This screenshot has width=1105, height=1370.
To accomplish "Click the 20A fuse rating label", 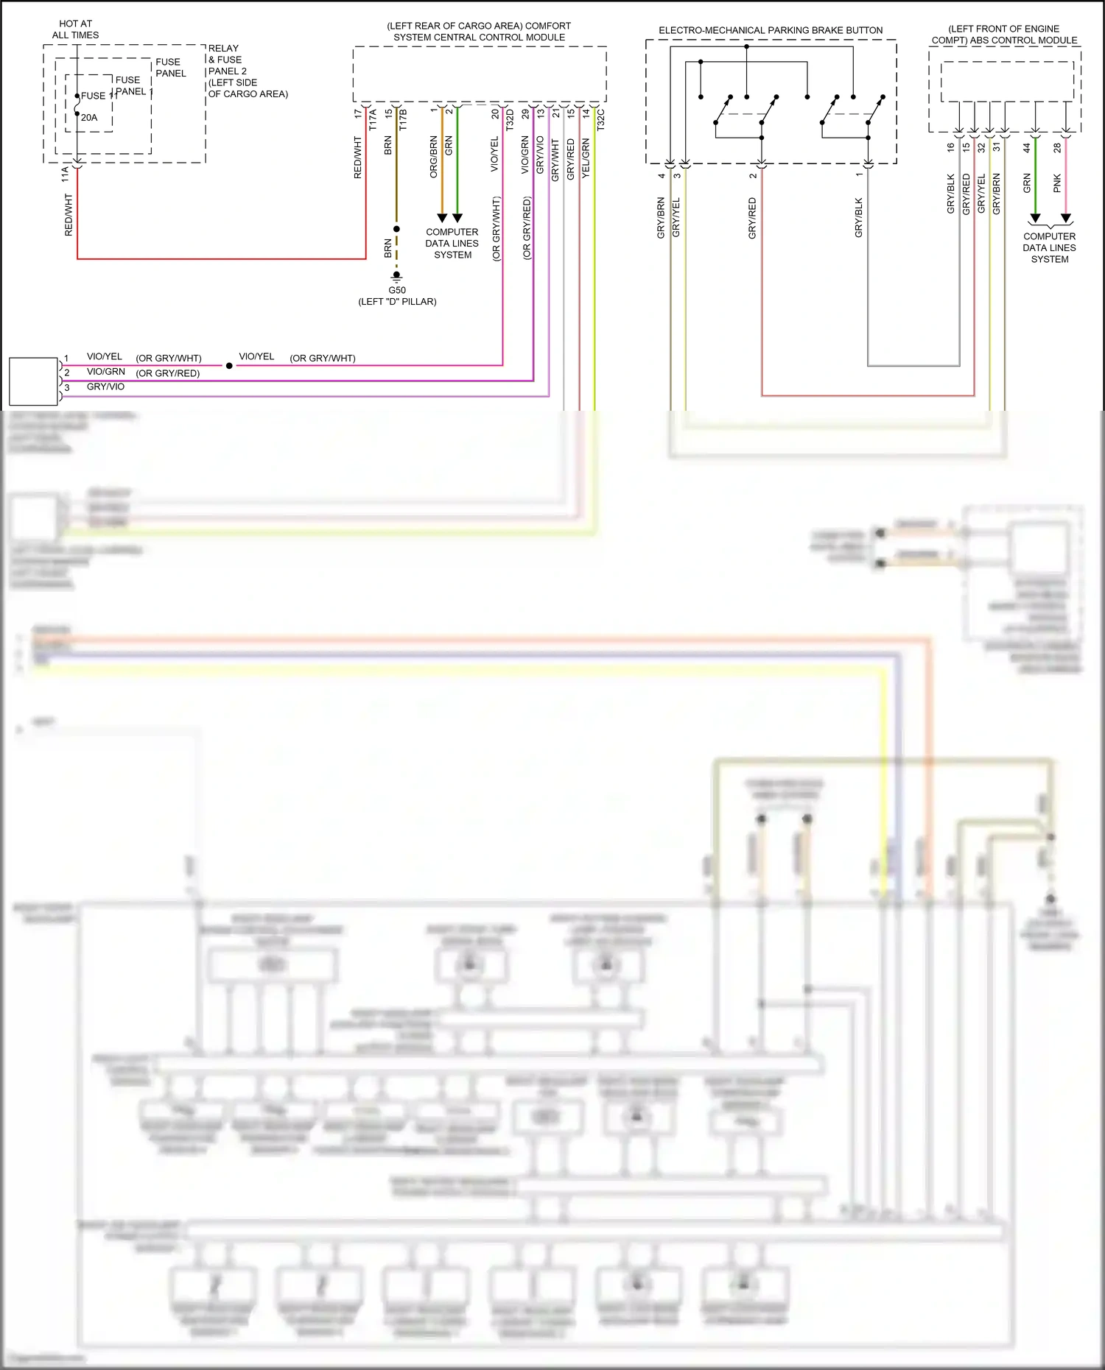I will [89, 118].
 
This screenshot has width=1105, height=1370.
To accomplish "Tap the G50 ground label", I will [397, 290].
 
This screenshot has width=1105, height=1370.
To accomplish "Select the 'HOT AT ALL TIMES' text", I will [75, 29].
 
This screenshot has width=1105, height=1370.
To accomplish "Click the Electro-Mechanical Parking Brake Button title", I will [771, 30].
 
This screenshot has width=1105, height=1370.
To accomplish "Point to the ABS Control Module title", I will [1004, 35].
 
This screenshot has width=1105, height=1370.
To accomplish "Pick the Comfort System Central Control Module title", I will [479, 32].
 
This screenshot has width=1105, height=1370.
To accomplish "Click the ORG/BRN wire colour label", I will [434, 156].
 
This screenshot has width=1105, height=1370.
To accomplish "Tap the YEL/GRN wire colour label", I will [586, 158].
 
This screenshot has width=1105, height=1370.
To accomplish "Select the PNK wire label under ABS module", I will [1057, 183].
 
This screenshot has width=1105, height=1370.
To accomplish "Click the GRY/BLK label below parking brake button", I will [859, 217].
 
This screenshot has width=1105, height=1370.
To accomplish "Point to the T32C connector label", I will [600, 120].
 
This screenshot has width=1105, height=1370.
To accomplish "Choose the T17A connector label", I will [373, 120].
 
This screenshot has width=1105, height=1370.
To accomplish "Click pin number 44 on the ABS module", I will [1027, 147].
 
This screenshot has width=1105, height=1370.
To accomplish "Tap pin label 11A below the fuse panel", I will [65, 174].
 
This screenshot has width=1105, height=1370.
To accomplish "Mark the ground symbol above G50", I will [396, 276].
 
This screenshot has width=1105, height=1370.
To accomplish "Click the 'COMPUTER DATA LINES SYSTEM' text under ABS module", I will [1049, 247].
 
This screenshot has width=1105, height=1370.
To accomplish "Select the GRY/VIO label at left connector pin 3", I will [105, 386].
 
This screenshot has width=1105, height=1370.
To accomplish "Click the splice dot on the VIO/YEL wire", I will [229, 365].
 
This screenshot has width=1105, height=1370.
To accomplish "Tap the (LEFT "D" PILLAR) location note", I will [397, 302].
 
